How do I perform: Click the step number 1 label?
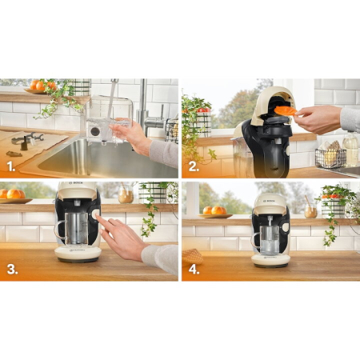(x=11, y=168)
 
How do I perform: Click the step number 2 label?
(x=193, y=168)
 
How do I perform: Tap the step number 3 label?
(x=11, y=269)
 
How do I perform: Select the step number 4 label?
(x=193, y=269)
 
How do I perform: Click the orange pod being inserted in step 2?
(x=285, y=110)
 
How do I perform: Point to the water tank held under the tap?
(x=104, y=121)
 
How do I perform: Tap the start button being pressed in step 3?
(x=96, y=214)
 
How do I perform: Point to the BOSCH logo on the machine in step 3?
(x=78, y=195)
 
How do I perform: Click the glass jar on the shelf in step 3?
(x=126, y=194)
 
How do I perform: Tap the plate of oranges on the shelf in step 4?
(x=216, y=212)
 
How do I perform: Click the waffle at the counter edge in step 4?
(x=193, y=257)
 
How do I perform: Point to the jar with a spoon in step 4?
(x=310, y=209)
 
